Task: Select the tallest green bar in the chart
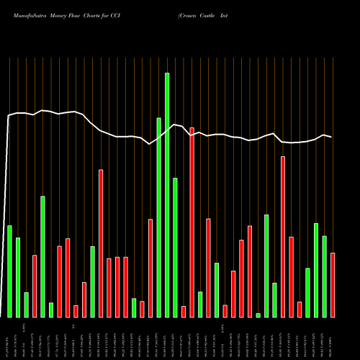point(167,194)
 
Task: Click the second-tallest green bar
point(158,217)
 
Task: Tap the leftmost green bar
point(9,271)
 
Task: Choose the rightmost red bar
point(333,284)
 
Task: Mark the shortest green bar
point(258,315)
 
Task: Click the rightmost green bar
point(325,276)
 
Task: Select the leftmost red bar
point(35,286)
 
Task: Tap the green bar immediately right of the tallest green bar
point(175,247)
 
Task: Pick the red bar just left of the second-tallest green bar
point(150,268)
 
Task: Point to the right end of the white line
point(331,137)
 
